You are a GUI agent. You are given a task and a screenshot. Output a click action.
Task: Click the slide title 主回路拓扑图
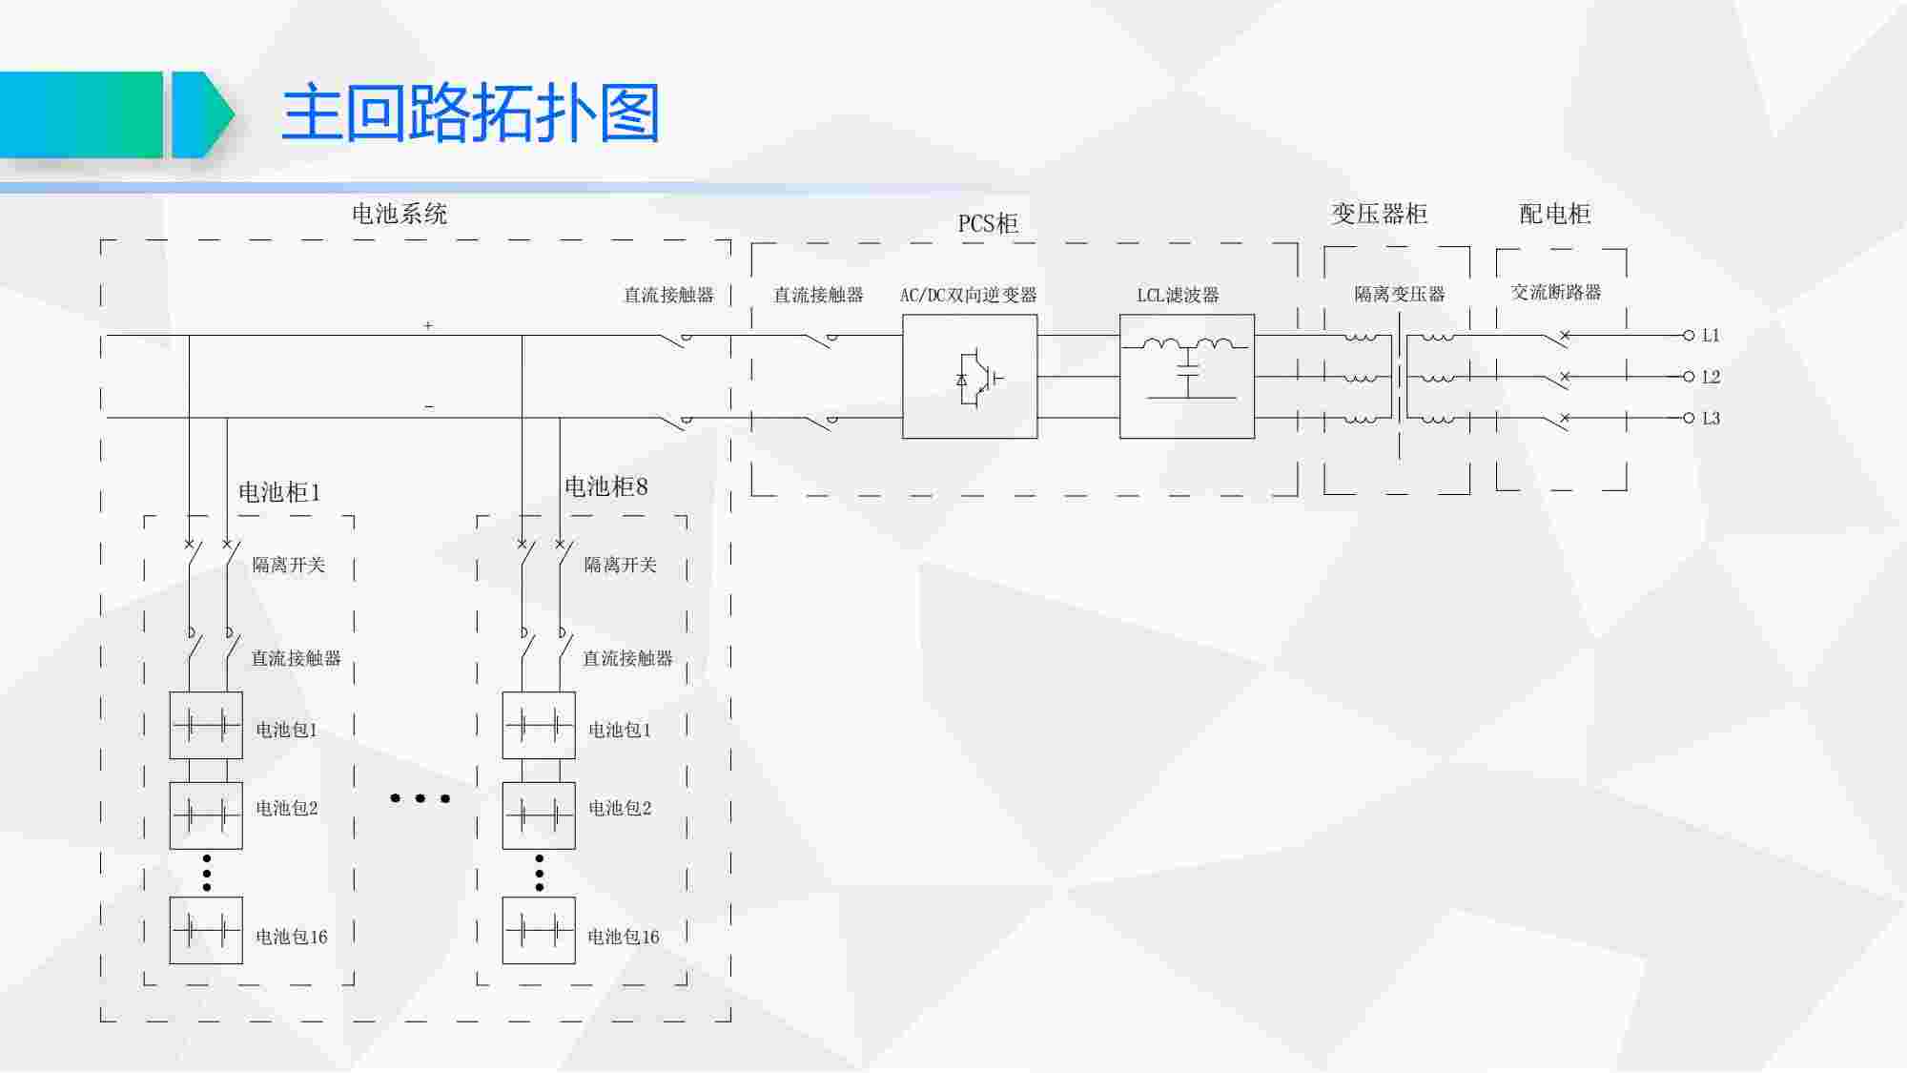click(470, 113)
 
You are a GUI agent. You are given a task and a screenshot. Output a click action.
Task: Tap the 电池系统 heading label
click(400, 214)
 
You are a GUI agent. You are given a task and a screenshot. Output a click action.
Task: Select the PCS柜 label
click(988, 224)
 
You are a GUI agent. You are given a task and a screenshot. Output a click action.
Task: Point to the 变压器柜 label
click(1379, 214)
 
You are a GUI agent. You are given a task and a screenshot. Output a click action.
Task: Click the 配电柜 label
click(1554, 214)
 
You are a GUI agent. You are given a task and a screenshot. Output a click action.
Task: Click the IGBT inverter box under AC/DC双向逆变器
click(970, 377)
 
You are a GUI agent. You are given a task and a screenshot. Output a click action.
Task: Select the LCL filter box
click(1186, 377)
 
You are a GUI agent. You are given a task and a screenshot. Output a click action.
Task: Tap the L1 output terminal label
click(1711, 336)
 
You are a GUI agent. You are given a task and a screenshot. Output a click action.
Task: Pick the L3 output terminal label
click(1711, 418)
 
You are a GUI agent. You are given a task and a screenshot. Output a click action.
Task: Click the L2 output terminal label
click(1711, 377)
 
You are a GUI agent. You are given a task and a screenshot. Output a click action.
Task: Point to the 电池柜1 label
click(279, 492)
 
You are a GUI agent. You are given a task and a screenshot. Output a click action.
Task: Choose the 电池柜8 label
click(606, 487)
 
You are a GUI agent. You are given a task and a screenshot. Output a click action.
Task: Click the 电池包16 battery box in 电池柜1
click(206, 930)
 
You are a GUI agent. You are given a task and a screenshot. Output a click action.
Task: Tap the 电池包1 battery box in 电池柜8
click(539, 726)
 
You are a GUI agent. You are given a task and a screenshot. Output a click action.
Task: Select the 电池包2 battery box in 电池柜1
click(206, 815)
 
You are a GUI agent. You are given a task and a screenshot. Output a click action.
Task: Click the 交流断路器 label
click(1555, 293)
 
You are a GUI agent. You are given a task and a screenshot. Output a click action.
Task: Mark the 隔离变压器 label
click(1399, 295)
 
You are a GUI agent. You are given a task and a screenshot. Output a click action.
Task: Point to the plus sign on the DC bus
click(428, 326)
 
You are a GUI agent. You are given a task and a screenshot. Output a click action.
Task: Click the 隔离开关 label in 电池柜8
click(621, 565)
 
